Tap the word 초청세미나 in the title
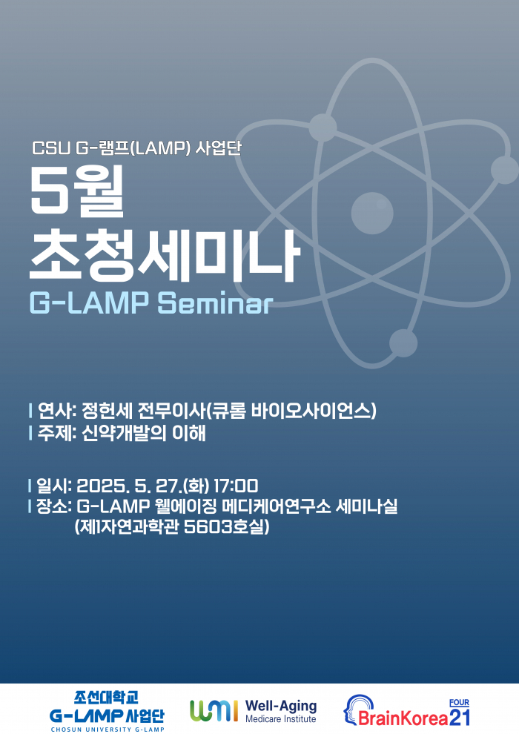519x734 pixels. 164,254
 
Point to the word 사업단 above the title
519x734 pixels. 219,148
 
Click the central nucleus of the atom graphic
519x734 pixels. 372,214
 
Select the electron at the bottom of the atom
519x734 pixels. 403,343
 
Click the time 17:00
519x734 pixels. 235,486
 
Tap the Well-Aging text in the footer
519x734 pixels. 280,706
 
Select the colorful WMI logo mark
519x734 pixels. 214,711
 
